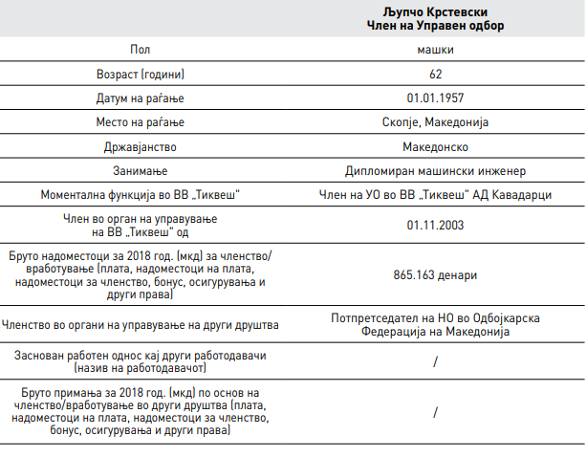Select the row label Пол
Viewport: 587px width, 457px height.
pyautogui.click(x=140, y=49)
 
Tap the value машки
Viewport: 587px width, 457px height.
pyautogui.click(x=435, y=49)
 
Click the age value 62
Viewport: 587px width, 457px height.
pyautogui.click(x=435, y=74)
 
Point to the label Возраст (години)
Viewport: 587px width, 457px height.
pyautogui.click(x=140, y=74)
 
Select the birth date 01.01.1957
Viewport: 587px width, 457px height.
pyautogui.click(x=435, y=98)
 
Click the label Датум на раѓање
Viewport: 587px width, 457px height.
pyautogui.click(x=140, y=98)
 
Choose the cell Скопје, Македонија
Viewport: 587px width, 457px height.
pyautogui.click(x=435, y=122)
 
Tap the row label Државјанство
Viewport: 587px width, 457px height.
pyautogui.click(x=140, y=147)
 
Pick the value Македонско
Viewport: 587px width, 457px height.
pyautogui.click(x=435, y=147)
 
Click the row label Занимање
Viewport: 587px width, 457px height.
pyautogui.click(x=140, y=171)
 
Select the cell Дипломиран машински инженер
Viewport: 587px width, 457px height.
pyautogui.click(x=435, y=171)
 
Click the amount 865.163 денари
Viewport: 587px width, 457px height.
pyautogui.click(x=435, y=275)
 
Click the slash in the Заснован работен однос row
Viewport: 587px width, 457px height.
pyautogui.click(x=435, y=361)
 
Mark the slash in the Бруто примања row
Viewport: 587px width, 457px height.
pyautogui.click(x=435, y=412)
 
